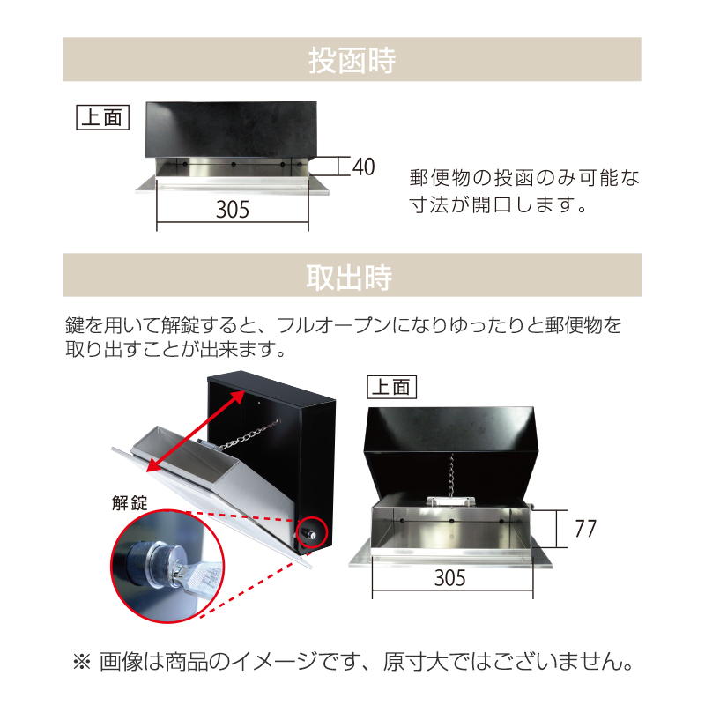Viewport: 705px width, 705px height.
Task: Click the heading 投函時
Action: [x=352, y=61]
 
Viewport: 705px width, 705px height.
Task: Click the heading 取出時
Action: [x=352, y=277]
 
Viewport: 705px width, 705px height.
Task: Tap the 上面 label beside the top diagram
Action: [x=103, y=116]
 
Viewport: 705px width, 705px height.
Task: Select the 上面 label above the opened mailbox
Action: [x=390, y=386]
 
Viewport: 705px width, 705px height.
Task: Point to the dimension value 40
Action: [x=363, y=167]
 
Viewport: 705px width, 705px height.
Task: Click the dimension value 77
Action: [x=585, y=529]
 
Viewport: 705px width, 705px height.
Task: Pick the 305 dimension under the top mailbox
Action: [x=233, y=210]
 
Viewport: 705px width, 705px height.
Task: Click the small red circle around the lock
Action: [x=314, y=532]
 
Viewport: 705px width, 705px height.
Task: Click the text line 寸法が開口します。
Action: [x=498, y=207]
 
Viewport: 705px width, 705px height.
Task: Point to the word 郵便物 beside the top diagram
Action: [x=443, y=177]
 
